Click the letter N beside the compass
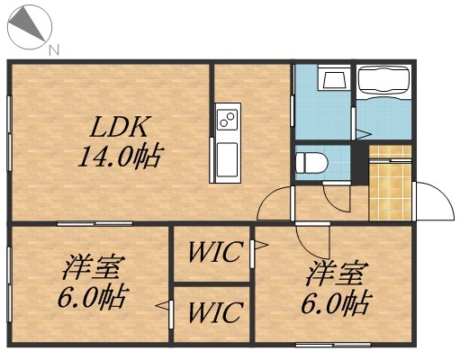pyautogui.click(x=54, y=49)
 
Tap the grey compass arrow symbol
pyautogui.click(x=26, y=25)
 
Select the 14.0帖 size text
pyautogui.click(x=118, y=159)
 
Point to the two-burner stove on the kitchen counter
pyautogui.click(x=227, y=118)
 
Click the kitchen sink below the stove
pyautogui.click(x=226, y=158)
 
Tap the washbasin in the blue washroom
pyautogui.click(x=334, y=79)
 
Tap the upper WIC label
pyautogui.click(x=213, y=252)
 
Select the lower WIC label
pyautogui.click(x=213, y=312)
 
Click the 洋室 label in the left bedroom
pyautogui.click(x=93, y=266)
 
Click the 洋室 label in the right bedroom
pyautogui.click(x=338, y=270)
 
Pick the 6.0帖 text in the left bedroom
pyautogui.click(x=91, y=298)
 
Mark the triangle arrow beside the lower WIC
pyautogui.click(x=162, y=308)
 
